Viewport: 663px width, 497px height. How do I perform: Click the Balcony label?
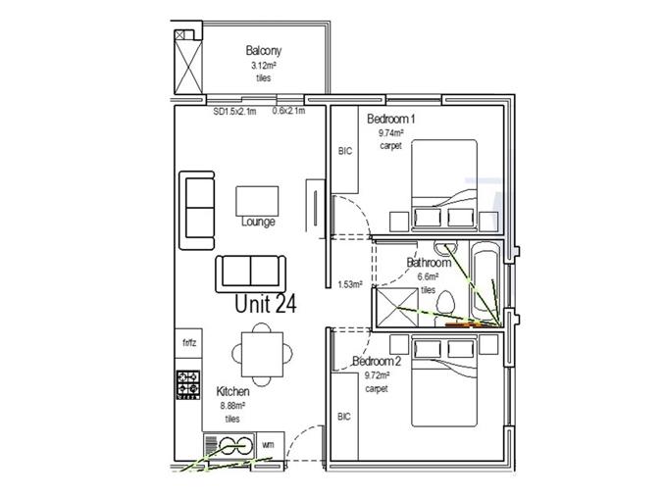[264, 51]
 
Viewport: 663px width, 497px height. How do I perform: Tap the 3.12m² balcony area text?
[264, 66]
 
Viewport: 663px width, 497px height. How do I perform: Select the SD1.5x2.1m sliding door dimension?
[234, 112]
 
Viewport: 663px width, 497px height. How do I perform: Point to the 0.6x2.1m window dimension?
[288, 111]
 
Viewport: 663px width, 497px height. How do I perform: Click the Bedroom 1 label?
[390, 119]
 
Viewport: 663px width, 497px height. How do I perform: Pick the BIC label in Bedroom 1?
[345, 151]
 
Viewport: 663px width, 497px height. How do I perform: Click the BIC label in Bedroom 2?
[344, 417]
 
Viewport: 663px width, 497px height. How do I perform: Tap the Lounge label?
[258, 222]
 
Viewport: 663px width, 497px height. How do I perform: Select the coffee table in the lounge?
[257, 201]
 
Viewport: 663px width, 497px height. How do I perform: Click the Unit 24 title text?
[266, 304]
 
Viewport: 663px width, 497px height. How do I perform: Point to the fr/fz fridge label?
[189, 343]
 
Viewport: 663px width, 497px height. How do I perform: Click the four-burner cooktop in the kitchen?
[188, 384]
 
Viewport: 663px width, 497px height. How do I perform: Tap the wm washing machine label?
[268, 445]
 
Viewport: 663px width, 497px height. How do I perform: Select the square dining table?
[262, 354]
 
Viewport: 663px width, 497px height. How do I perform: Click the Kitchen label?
[232, 392]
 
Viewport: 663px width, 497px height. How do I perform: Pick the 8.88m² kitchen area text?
[232, 406]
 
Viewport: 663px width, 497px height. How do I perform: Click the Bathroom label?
[429, 263]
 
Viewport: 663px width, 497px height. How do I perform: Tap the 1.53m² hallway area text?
[350, 284]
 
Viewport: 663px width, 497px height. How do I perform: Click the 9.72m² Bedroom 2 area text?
[377, 375]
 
